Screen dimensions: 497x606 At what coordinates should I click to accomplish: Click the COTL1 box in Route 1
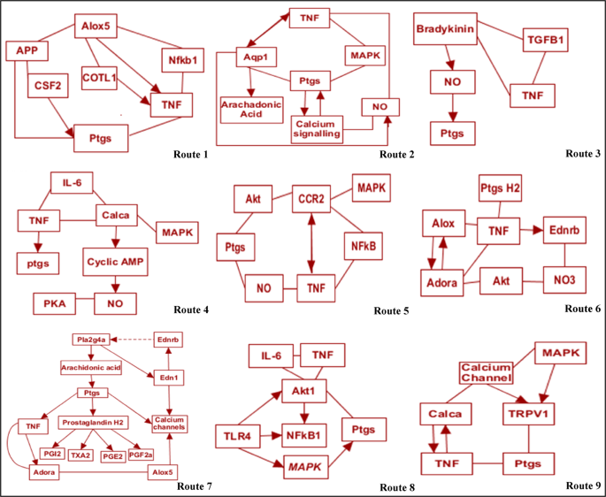coord(100,77)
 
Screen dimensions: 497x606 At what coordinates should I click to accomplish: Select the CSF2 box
coord(50,87)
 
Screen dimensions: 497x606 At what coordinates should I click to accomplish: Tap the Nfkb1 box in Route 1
coord(182,61)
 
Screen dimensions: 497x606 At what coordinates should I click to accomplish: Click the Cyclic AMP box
coord(115,263)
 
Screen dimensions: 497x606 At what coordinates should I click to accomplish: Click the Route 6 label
coord(582,309)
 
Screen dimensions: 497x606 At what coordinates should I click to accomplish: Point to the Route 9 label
coord(582,486)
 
